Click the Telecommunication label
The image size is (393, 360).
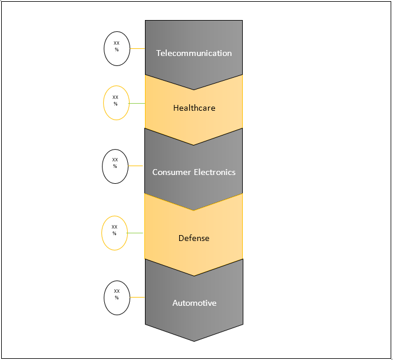point(194,53)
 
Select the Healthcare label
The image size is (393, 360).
point(194,108)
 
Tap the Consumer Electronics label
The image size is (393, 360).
point(194,172)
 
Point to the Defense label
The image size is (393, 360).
point(194,238)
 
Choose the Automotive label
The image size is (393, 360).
point(194,303)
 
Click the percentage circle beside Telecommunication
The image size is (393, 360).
point(117,48)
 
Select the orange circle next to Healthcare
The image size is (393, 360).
point(116,103)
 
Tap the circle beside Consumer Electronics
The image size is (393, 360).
point(115,166)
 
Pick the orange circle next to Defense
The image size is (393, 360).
point(115,233)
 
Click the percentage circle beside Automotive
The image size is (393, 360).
point(117,297)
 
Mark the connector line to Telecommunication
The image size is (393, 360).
point(137,49)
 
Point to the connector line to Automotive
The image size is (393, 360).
point(137,297)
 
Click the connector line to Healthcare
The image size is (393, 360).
point(137,104)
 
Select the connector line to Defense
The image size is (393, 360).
point(136,233)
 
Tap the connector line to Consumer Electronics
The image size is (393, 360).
point(136,166)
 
